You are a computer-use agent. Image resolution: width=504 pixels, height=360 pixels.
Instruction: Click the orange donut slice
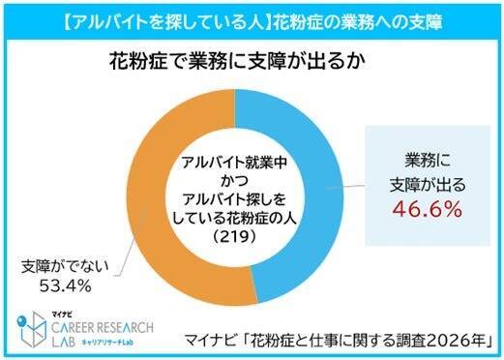pyautogui.click(x=145, y=194)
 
